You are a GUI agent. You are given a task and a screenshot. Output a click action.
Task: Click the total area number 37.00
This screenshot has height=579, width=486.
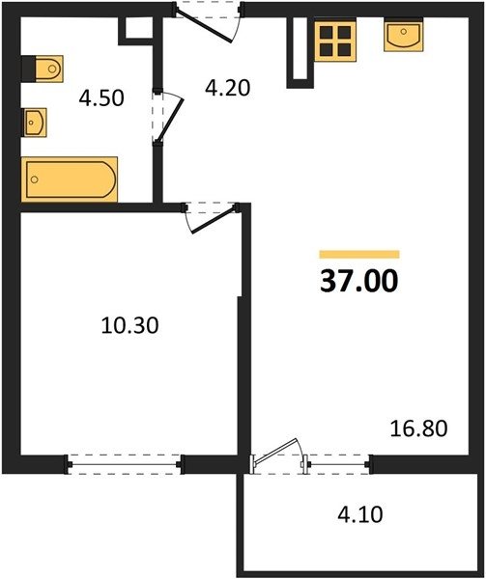tap(359, 281)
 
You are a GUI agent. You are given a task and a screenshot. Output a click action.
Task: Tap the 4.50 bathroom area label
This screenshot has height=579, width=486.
tap(101, 98)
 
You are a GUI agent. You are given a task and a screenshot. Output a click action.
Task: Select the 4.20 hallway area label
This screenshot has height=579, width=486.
tap(228, 88)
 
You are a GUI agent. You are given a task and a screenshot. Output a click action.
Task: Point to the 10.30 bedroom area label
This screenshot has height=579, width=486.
tap(129, 326)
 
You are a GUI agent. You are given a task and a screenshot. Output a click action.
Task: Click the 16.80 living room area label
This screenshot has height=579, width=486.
tap(418, 428)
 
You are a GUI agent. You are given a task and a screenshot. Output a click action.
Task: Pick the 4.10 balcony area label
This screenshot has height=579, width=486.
tap(360, 514)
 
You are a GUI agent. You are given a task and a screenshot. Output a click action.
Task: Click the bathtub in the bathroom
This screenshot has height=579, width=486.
tap(70, 179)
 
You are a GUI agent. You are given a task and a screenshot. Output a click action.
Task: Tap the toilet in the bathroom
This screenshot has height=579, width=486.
tap(43, 69)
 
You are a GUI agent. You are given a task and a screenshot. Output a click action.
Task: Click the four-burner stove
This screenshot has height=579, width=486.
tap(335, 41)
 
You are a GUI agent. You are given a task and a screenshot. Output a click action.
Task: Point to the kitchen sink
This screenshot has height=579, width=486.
tap(404, 35)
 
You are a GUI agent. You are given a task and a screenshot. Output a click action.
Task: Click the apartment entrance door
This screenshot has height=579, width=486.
tap(208, 22)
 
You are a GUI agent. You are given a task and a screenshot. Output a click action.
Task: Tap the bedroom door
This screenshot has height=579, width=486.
tap(211, 217)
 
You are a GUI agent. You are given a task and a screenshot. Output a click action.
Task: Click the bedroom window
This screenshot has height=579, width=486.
tap(125, 464)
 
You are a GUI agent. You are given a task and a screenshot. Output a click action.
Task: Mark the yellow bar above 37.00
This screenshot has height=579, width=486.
tap(359, 255)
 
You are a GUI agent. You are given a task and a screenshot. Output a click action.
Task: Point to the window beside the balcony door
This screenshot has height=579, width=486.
tap(337, 464)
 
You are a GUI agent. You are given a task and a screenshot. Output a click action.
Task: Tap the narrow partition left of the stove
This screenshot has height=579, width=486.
tap(298, 52)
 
